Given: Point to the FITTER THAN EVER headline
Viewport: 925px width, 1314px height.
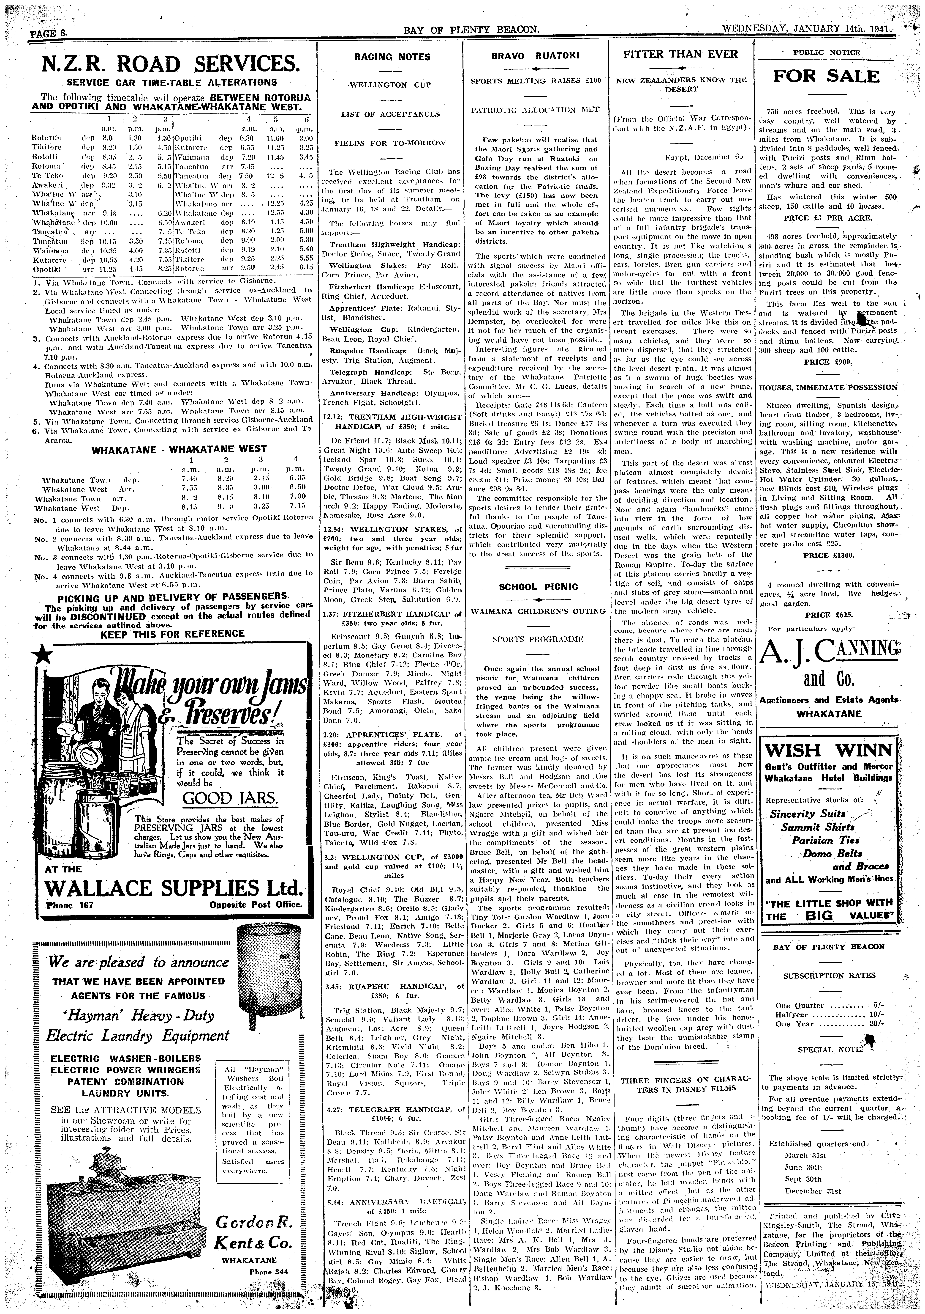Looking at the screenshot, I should coord(681,54).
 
